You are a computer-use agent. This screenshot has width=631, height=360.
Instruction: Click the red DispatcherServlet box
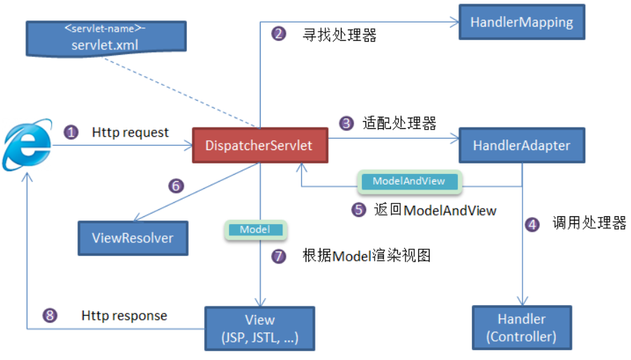[260, 145]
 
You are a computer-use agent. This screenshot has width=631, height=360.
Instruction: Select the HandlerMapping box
[522, 22]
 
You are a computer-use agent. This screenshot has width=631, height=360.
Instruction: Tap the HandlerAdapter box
[522, 145]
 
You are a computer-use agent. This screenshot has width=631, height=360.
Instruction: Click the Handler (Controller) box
[522, 328]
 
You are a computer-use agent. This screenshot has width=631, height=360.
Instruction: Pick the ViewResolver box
[133, 238]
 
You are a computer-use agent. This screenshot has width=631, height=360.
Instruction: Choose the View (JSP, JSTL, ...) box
[260, 328]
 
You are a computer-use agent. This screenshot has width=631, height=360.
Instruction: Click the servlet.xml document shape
[106, 39]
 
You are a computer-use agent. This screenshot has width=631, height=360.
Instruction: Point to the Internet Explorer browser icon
[27, 144]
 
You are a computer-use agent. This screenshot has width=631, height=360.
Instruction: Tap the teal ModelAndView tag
[410, 182]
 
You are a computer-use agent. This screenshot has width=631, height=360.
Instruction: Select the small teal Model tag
[256, 230]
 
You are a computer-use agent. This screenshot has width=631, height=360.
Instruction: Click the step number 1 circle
[71, 132]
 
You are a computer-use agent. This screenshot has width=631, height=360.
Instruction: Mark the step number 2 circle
[278, 33]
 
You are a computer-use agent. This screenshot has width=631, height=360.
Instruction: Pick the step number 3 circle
[346, 123]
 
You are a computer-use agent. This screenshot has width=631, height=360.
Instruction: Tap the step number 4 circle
[532, 224]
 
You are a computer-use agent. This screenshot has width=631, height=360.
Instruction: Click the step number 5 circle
[358, 209]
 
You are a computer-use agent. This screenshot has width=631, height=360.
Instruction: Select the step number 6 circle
[176, 186]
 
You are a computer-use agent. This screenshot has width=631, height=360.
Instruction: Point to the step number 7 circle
[278, 256]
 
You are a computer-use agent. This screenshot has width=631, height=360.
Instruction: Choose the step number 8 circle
[50, 316]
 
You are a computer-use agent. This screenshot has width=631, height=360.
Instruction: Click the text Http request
[130, 132]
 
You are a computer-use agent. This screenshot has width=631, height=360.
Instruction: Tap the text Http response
[124, 316]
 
